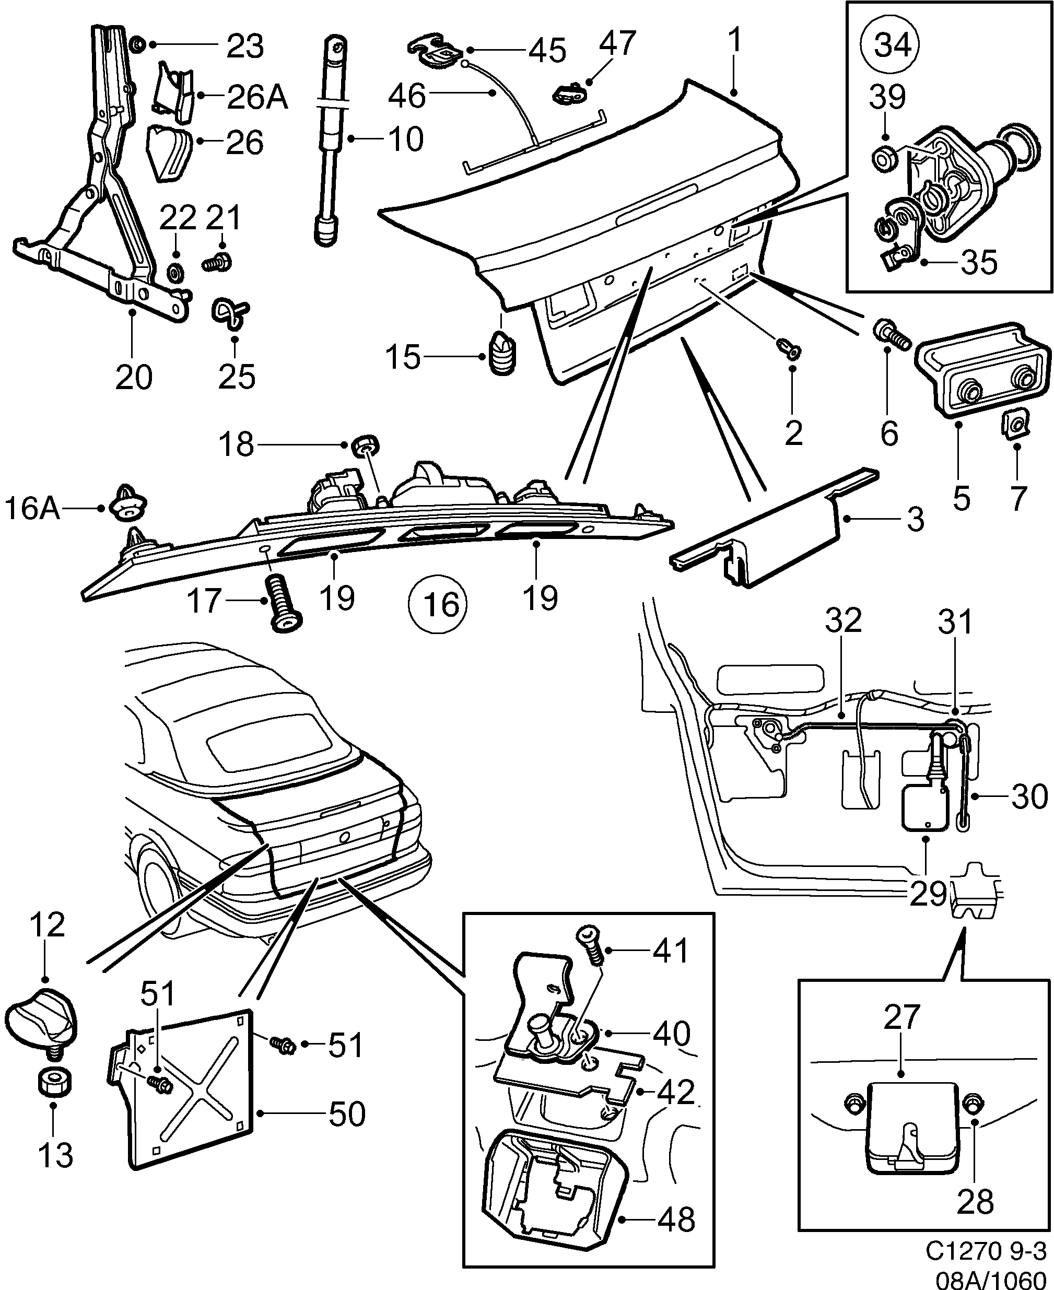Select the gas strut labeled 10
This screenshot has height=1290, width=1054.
pos(332,139)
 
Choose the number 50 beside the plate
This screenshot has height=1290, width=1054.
pos(347,1114)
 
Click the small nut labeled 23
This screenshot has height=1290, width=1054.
pos(138,44)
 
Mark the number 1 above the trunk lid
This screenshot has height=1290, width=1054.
pos(735,41)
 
